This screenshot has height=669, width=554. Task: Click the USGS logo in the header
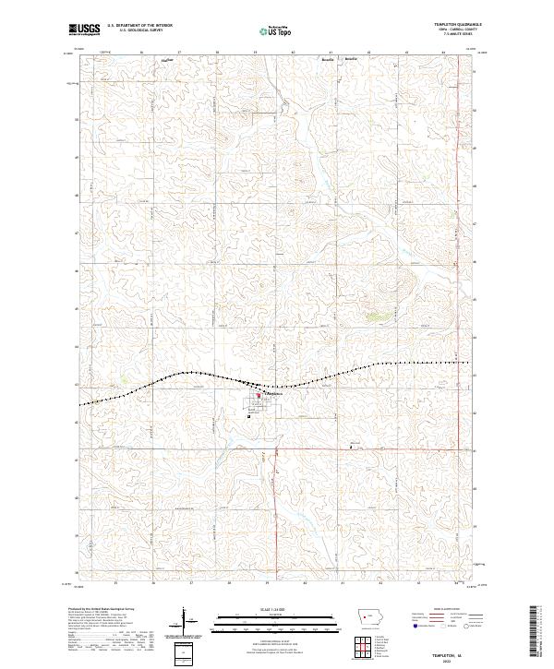pos(84,30)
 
